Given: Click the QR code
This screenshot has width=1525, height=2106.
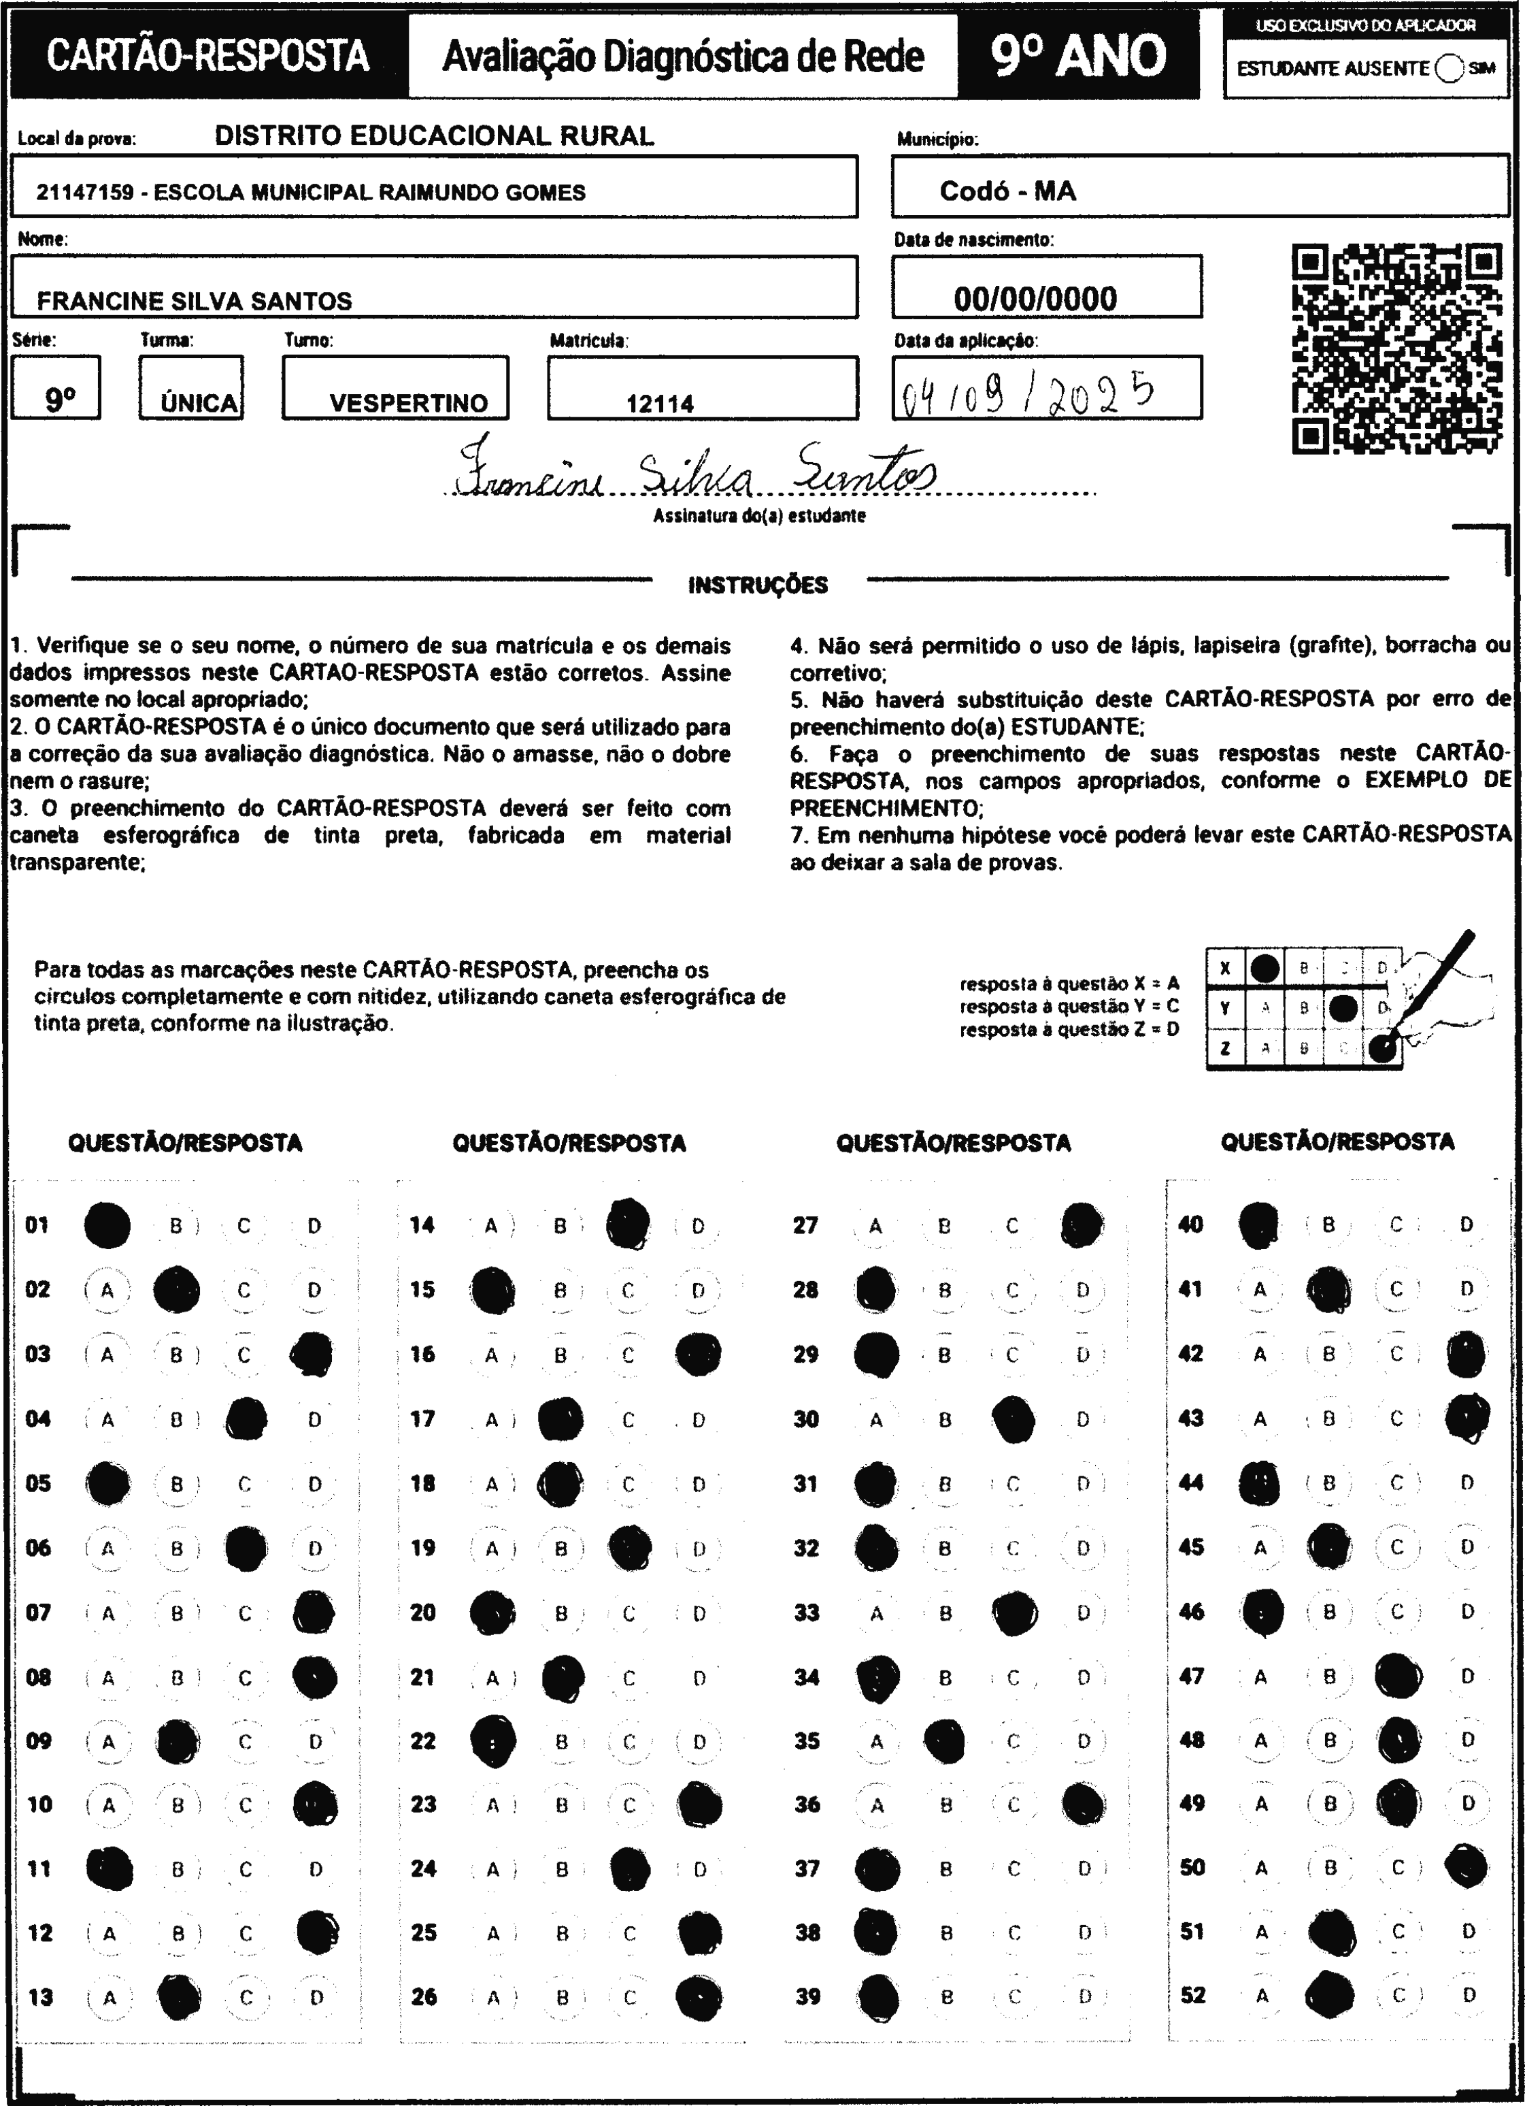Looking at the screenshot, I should click(1397, 349).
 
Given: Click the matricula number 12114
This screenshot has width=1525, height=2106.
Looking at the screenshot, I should click(660, 404).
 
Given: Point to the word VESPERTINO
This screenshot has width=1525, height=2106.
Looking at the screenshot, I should click(408, 403).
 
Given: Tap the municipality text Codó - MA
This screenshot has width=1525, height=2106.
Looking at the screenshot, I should click(1007, 191).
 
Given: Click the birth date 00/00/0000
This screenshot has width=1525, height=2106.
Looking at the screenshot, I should click(1035, 299).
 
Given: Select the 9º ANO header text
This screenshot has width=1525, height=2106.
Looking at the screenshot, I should click(1077, 56).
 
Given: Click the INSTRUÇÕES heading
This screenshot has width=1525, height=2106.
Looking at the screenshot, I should click(757, 585).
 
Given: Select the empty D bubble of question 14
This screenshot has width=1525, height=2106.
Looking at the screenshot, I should click(698, 1227).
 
